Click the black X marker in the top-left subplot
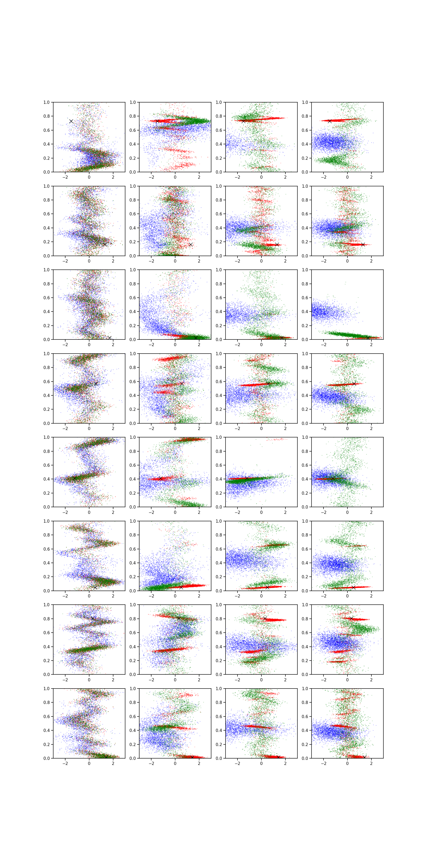coord(71,121)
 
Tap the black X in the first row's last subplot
coord(330,121)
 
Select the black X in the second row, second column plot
coord(191,244)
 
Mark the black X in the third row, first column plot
coord(109,338)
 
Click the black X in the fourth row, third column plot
coord(268,384)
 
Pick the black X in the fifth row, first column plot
coord(75,478)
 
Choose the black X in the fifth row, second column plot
coord(161,478)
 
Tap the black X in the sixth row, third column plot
coord(267,587)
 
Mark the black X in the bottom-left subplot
coord(106,757)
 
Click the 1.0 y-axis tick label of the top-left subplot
coord(47,103)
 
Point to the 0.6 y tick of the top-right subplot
coord(305,130)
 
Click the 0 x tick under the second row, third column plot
coord(261,261)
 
